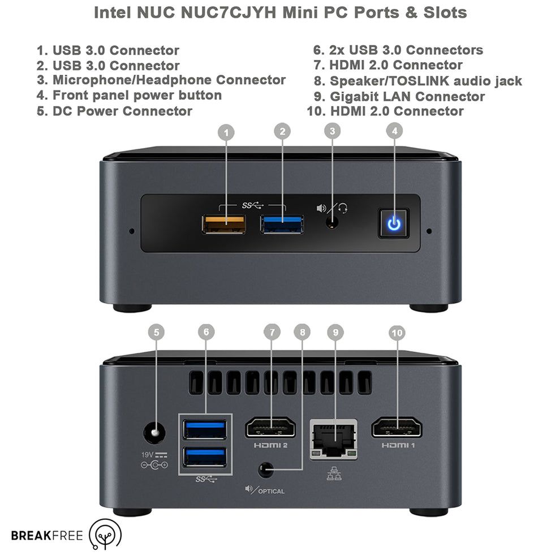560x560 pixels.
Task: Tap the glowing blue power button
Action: (x=394, y=224)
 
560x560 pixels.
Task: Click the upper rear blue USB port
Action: (x=205, y=430)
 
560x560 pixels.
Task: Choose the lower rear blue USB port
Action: (x=205, y=457)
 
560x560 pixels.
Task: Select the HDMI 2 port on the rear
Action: (x=271, y=428)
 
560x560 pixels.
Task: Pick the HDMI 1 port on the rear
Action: (x=397, y=428)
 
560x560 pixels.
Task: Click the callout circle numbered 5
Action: (x=157, y=332)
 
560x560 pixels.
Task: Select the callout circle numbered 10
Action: (x=397, y=332)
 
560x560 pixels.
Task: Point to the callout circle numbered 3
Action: (x=332, y=131)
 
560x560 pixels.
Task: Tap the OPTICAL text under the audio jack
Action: (x=272, y=490)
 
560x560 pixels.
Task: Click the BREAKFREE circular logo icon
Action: (x=105, y=535)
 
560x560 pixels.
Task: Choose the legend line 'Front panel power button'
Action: (x=130, y=95)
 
